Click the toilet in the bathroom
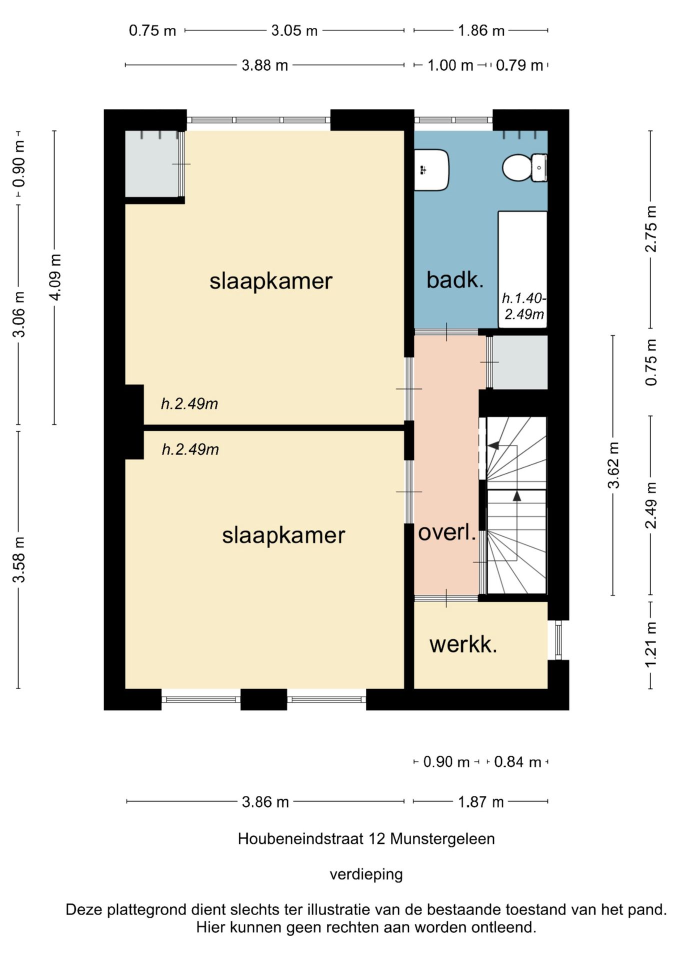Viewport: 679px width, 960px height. click(x=524, y=167)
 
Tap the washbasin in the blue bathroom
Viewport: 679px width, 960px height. click(x=431, y=170)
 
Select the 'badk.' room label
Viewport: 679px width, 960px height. click(x=455, y=280)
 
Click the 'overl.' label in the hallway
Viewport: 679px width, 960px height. click(x=447, y=532)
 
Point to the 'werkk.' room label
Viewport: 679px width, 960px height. click(x=463, y=644)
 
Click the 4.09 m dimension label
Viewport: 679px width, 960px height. click(x=55, y=277)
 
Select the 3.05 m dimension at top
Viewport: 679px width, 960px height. click(x=294, y=30)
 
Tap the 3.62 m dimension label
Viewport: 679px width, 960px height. click(x=613, y=465)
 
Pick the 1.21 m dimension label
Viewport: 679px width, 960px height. click(x=650, y=644)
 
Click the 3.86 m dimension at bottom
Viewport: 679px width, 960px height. click(x=265, y=802)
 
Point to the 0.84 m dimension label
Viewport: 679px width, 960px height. click(x=517, y=762)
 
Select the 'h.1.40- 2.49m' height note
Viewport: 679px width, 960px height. click(x=524, y=306)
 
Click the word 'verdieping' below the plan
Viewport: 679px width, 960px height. click(x=366, y=874)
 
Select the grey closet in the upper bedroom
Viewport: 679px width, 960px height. click(x=152, y=164)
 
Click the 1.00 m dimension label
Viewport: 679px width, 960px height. click(x=450, y=65)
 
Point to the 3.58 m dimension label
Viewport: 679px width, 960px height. click(x=19, y=559)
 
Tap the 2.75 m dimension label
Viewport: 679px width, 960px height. click(x=650, y=229)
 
